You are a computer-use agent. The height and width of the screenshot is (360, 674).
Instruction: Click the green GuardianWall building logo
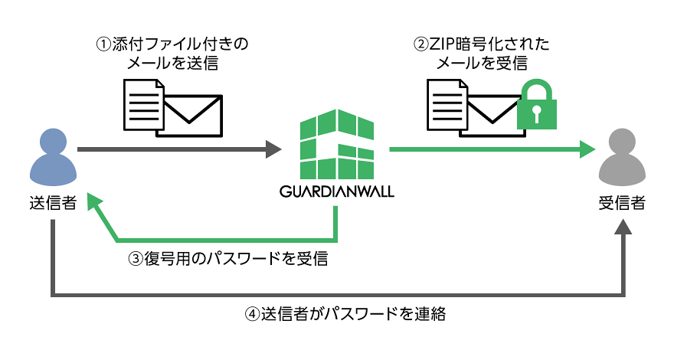337,146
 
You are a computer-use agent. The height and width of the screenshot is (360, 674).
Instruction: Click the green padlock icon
537,107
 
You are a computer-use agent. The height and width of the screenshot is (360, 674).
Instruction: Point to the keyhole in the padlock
537,114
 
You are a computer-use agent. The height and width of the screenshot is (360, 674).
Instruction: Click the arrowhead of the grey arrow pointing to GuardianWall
273,149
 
